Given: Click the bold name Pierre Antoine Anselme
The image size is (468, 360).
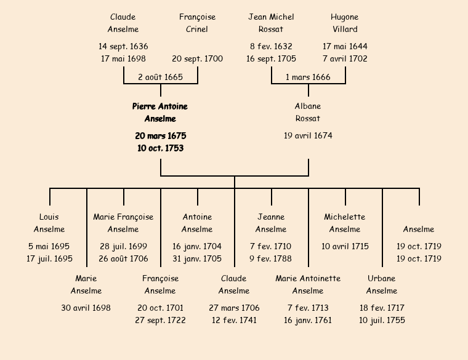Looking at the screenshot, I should pos(160,113).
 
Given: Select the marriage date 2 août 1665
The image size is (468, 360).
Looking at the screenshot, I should pos(160,77).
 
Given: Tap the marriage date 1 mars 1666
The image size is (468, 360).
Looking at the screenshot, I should pos(308,77).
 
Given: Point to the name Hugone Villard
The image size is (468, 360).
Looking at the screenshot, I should pos(344,23).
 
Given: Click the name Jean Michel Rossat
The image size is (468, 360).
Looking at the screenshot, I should pos(271,23).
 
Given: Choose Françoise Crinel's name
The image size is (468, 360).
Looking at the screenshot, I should pos(197,23).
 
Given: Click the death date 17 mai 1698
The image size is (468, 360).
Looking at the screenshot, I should pos(123,59).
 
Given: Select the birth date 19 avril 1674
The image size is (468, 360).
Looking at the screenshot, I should pos(308,135).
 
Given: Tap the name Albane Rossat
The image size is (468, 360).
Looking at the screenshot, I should pos(308,113).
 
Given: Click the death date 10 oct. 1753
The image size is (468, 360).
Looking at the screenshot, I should pos(160,148).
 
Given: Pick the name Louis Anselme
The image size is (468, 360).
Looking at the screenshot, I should pos(49,223).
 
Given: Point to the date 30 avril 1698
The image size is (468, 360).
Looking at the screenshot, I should pos(86,308).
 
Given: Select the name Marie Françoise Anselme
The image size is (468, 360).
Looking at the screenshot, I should pos(123,223).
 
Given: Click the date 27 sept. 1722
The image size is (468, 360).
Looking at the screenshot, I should pos(160,321).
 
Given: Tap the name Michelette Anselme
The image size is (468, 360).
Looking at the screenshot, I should pos(345,223).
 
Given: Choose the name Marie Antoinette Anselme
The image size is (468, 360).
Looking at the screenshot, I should pos(308,284).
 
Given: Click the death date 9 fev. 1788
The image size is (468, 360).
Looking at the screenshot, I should pos(271,259).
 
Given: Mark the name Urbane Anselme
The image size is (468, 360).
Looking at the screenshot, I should pos(382,284).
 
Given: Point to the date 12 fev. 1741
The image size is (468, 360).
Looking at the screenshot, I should pos(234,321).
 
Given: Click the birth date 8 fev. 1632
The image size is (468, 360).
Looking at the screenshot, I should pos(271,46).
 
